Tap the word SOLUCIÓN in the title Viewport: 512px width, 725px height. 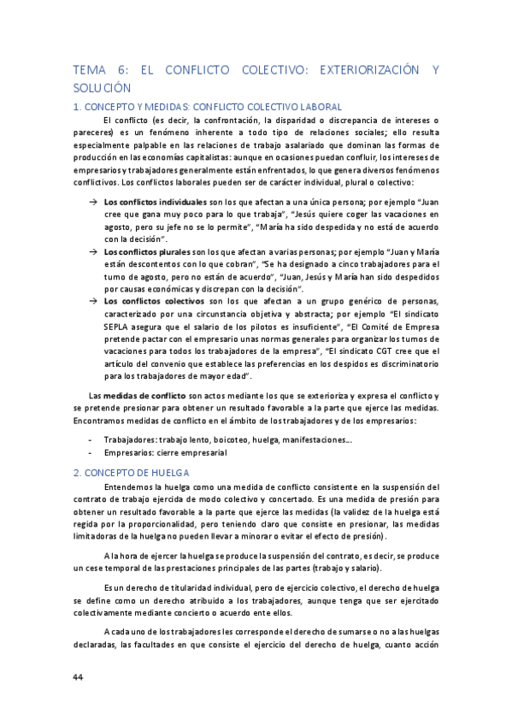coord(102,87)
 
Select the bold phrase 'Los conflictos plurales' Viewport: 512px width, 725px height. coord(143,253)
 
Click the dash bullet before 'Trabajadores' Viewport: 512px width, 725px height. coord(91,439)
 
